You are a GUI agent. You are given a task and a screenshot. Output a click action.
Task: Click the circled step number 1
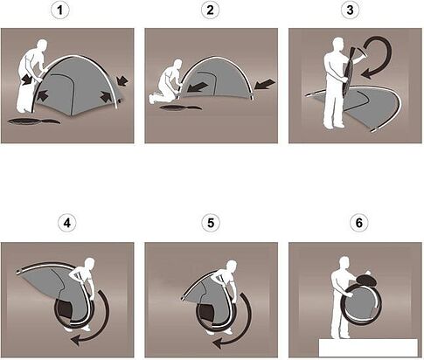(60, 10)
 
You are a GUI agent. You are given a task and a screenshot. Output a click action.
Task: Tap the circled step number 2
(210, 10)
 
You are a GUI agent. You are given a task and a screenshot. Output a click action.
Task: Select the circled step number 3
(350, 10)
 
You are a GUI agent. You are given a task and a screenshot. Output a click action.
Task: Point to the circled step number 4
(67, 224)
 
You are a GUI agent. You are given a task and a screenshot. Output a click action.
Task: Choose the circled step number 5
(211, 224)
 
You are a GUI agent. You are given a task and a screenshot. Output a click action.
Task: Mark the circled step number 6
(358, 224)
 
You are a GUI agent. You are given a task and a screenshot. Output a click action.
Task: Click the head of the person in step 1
(42, 45)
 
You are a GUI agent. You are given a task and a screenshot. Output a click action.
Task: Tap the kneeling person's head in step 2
(177, 65)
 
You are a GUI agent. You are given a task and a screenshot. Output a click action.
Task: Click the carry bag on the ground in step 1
(34, 121)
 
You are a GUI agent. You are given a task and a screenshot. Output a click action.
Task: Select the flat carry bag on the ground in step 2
(181, 107)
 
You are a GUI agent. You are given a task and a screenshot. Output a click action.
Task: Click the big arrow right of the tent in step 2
(265, 85)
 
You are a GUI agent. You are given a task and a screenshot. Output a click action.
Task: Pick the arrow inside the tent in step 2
(198, 87)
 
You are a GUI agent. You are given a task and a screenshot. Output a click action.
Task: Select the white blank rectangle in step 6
(368, 348)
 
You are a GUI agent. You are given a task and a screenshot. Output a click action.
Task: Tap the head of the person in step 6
(344, 263)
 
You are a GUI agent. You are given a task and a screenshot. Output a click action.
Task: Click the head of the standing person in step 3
(338, 44)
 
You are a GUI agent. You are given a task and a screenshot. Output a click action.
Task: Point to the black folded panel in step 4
(64, 308)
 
